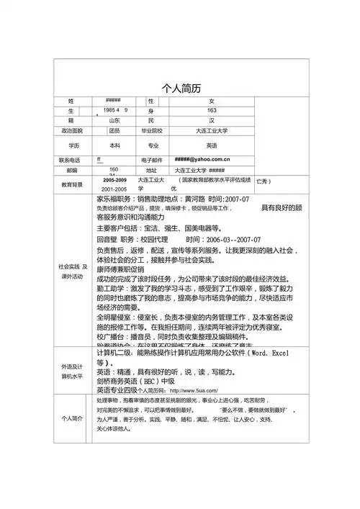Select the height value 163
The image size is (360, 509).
click(212, 110)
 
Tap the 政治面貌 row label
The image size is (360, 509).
click(72, 132)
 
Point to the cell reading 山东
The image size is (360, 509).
click(114, 121)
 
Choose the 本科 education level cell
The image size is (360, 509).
click(114, 145)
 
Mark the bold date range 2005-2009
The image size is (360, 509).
click(115, 178)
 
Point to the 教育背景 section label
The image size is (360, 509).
click(72, 184)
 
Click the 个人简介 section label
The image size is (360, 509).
click(72, 418)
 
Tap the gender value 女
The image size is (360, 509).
click(211, 100)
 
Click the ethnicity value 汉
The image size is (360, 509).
click(211, 121)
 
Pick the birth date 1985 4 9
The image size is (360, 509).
click(116, 109)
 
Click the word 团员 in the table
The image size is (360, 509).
click(114, 132)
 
